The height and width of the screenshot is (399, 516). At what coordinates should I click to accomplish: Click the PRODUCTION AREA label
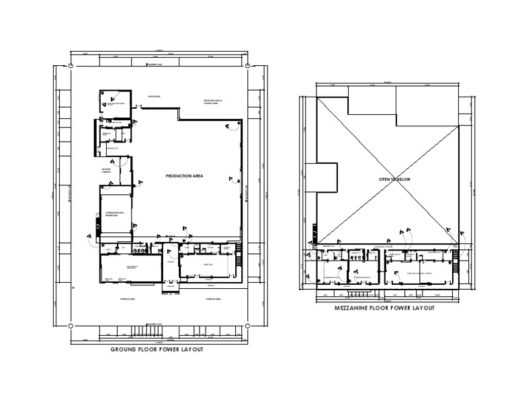(184, 175)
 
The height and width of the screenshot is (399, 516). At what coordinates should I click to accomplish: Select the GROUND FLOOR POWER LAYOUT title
(157, 350)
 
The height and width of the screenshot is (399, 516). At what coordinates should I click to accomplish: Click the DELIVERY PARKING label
(106, 169)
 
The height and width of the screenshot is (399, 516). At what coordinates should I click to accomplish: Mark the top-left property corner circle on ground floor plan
(70, 65)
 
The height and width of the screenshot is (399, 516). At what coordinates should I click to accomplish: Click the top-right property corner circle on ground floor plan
(248, 65)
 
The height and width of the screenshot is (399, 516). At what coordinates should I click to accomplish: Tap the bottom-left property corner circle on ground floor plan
(70, 324)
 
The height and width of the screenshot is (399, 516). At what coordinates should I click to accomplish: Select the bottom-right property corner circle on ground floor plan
(248, 324)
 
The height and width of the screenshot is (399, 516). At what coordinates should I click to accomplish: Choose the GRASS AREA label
(153, 97)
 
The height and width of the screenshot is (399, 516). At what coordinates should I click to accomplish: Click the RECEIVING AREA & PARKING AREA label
(213, 102)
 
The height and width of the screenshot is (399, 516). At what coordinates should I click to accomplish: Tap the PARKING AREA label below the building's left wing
(128, 298)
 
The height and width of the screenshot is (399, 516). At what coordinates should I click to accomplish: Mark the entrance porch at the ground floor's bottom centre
(170, 287)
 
